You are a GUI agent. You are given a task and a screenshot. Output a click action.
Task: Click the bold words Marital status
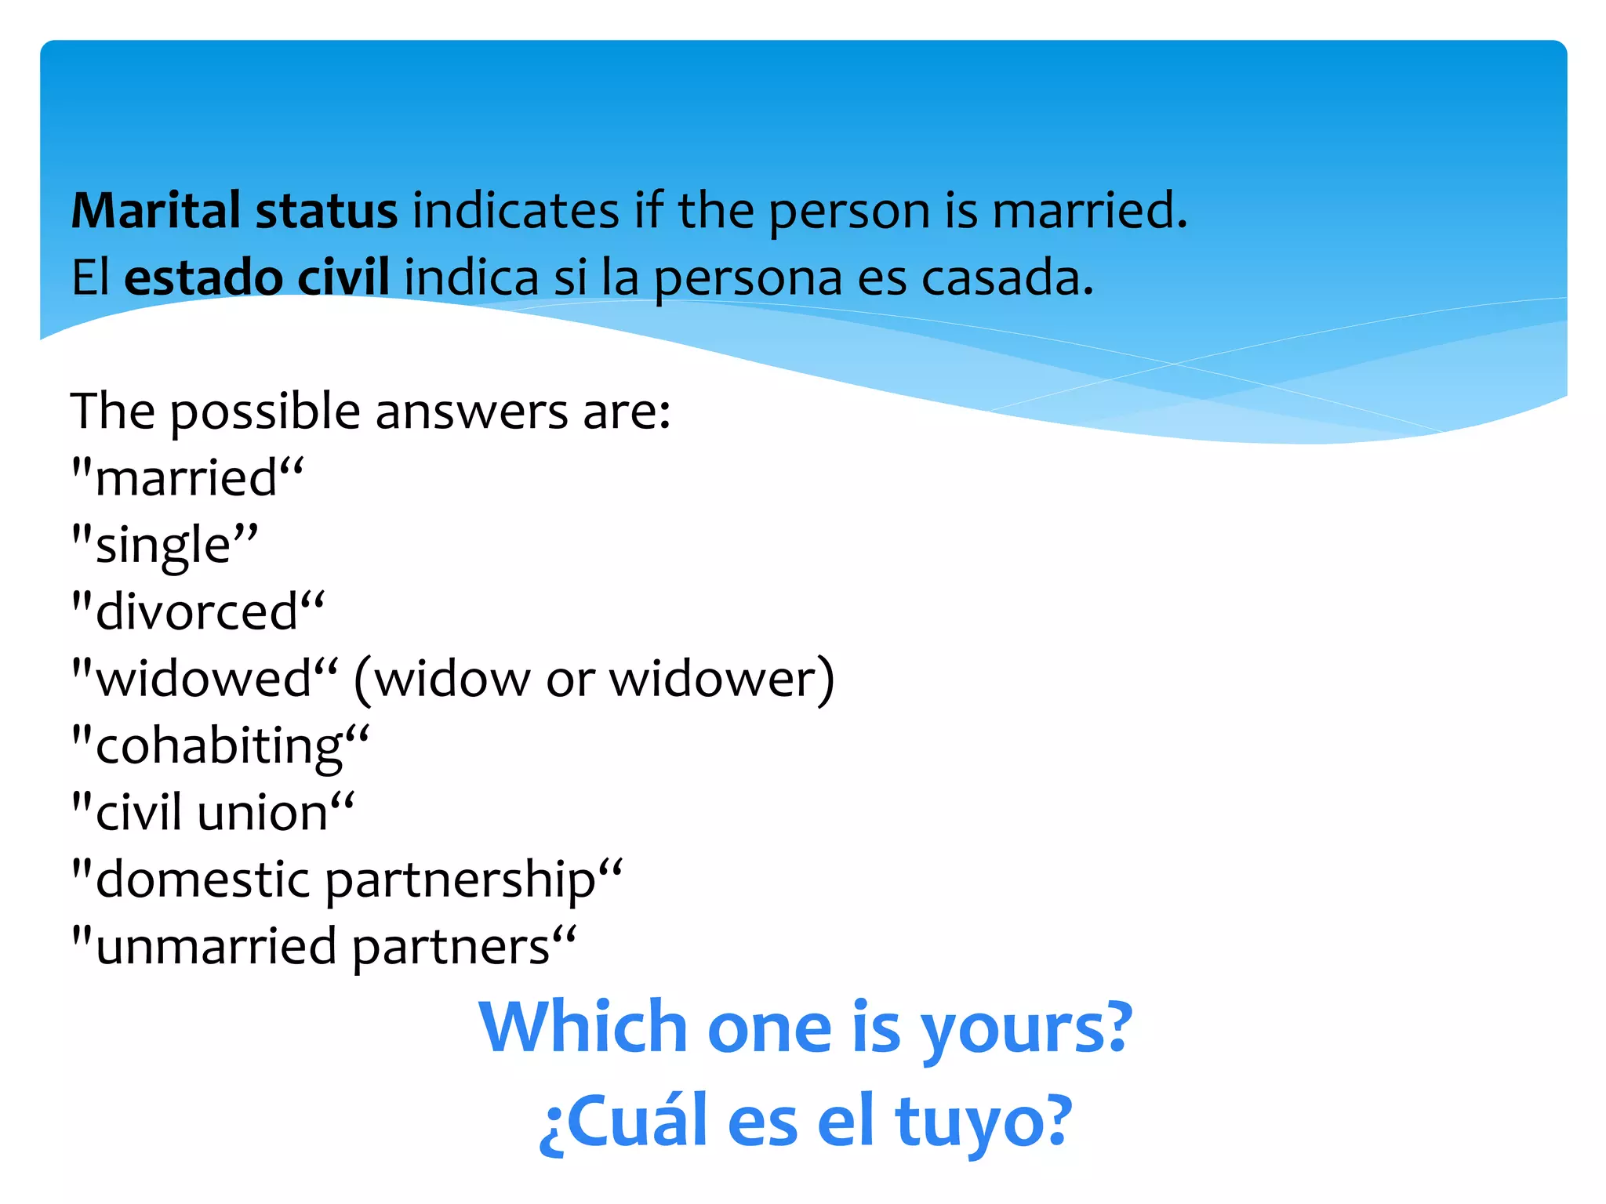tap(234, 212)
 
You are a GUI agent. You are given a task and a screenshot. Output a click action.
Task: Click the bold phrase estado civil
tap(256, 278)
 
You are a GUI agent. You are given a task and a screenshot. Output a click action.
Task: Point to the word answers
tap(471, 412)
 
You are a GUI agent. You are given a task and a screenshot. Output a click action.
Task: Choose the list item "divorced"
tap(197, 612)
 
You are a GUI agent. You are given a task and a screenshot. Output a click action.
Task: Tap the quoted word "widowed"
tap(205, 679)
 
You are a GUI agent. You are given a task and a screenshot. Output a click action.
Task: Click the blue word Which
tap(583, 1028)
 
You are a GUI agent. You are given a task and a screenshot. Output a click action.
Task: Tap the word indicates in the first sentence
tap(516, 212)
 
